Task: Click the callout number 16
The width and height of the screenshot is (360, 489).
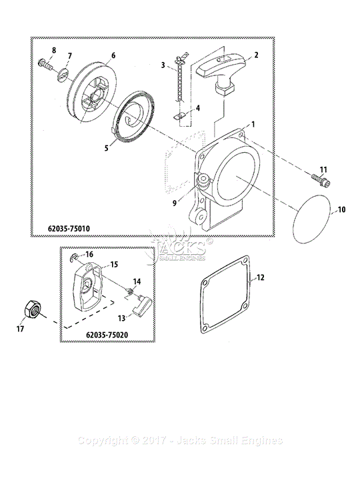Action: (89, 254)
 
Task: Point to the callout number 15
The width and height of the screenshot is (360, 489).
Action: (114, 264)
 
